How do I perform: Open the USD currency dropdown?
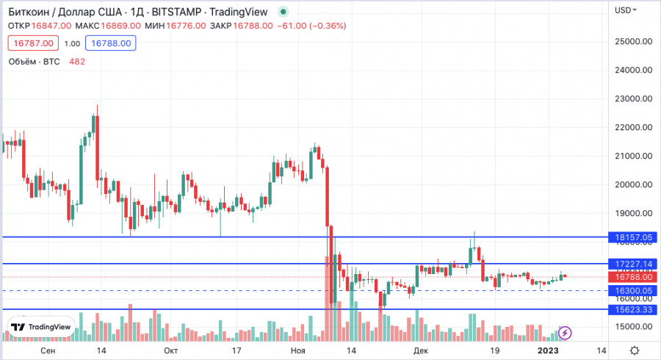pos(626,10)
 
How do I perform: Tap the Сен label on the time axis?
pos(48,351)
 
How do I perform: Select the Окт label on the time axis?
pos(170,351)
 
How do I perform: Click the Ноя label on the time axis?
pos(297,351)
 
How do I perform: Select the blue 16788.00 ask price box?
pos(109,43)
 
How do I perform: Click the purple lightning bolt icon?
pos(566,333)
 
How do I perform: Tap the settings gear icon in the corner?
pos(635,351)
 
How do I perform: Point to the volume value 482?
pos(77,62)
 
